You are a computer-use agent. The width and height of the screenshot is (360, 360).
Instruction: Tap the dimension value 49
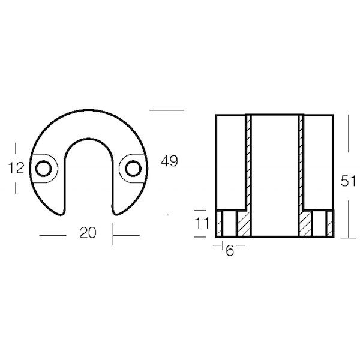pyautogui.click(x=170, y=161)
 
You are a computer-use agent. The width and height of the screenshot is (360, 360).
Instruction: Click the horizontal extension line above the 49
pyautogui.click(x=166, y=110)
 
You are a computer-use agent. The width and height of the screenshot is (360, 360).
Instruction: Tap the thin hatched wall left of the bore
pyautogui.click(x=247, y=162)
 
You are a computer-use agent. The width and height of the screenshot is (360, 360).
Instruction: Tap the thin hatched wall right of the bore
pyautogui.click(x=301, y=162)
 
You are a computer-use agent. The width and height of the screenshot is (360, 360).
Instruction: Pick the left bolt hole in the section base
pyautogui.click(x=227, y=224)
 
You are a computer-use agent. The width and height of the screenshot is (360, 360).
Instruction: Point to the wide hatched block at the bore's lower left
pyautogui.click(x=243, y=224)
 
